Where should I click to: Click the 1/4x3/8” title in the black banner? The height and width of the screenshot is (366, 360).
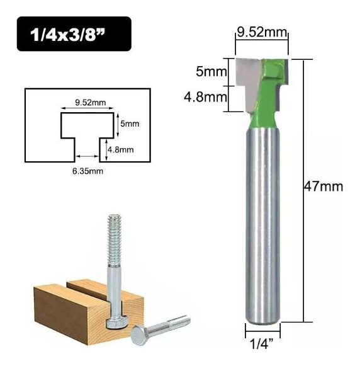67,34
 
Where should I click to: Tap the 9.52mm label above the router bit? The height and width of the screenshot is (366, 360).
262,32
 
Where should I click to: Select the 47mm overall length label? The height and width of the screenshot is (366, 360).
323,186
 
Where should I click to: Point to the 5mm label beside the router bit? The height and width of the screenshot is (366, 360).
211,72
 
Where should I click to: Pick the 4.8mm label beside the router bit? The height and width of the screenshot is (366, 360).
205,97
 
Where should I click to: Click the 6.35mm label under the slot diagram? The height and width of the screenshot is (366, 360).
87,171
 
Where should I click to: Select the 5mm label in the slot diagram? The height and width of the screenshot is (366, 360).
130,123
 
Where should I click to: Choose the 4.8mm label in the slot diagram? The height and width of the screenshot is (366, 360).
120,149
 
